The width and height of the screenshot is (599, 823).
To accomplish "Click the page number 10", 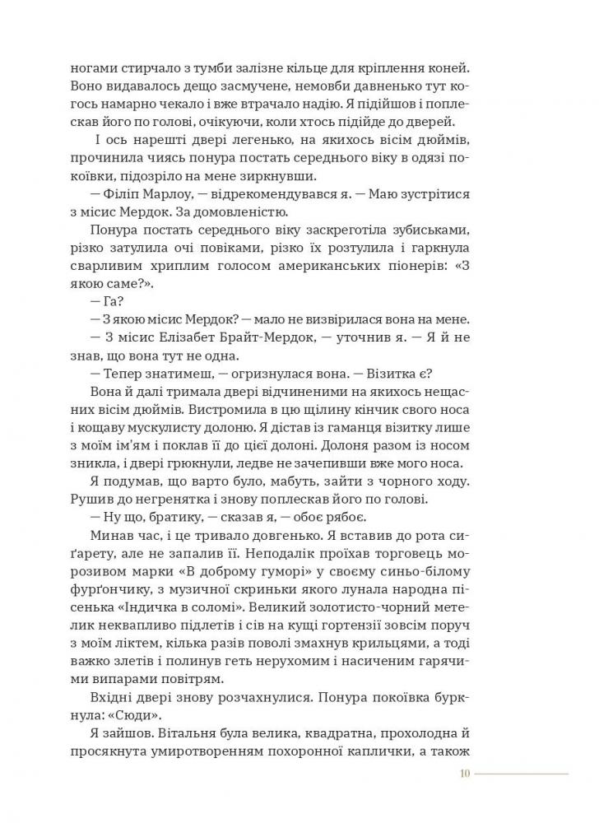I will tap(465, 773).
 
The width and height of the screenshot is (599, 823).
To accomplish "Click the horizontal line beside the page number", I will tap(522, 773).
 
